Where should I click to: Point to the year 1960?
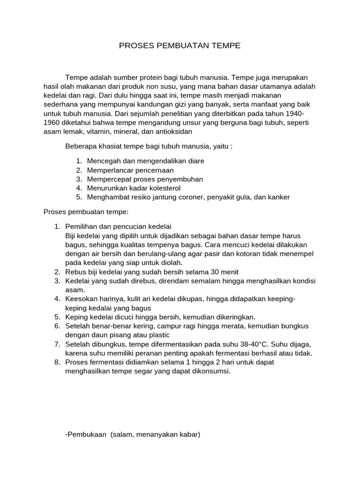[52, 122]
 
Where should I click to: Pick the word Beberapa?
[80, 146]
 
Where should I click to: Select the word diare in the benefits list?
[195, 161]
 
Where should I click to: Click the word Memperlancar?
[108, 170]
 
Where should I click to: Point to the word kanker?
[279, 197]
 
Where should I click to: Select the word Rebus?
[76, 272]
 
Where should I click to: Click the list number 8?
[57, 362]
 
